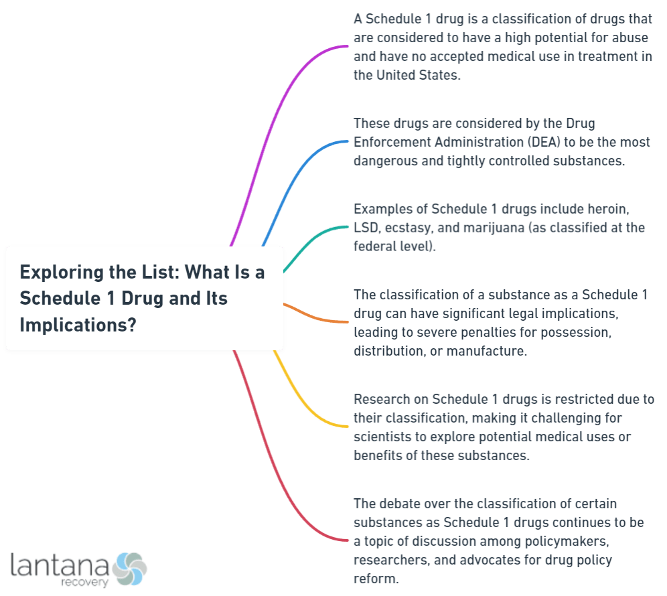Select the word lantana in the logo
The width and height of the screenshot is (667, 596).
pos(58,565)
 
